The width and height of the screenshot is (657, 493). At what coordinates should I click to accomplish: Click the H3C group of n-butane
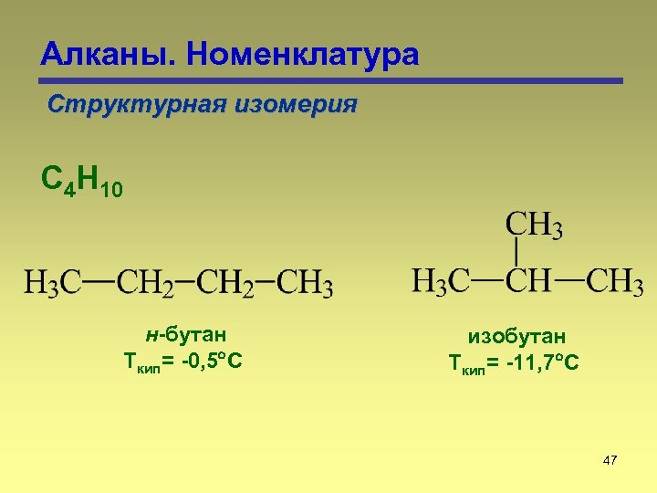53,282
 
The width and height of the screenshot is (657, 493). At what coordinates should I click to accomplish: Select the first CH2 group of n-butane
145,282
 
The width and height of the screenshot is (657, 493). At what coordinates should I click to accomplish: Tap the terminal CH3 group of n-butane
305,282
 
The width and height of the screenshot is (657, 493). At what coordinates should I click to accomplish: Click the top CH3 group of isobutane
534,225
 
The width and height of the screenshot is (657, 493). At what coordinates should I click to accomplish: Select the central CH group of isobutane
528,280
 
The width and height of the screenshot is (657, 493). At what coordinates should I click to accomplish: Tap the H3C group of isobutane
442,280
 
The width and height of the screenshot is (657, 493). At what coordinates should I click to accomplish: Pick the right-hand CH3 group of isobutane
614,280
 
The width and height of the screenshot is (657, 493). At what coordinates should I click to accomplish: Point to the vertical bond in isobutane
517,252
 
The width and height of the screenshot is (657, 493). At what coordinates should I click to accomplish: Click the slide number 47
610,460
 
